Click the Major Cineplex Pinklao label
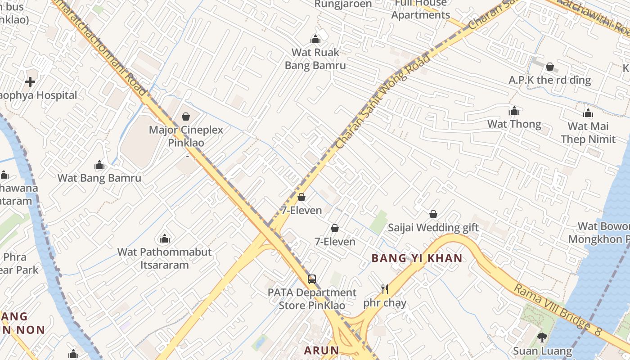point(186,136)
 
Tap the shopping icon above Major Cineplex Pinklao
point(186,117)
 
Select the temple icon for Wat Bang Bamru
point(99,165)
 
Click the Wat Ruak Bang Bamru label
point(315,59)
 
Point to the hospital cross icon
point(30,82)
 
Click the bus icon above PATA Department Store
point(312,279)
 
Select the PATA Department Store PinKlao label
point(312,299)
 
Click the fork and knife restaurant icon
point(384,289)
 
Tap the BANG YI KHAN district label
point(417,258)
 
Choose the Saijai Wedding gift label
point(433,228)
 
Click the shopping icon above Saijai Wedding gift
point(433,214)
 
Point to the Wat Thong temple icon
point(514,111)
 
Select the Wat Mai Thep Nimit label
point(588,133)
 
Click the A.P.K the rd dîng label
point(549,80)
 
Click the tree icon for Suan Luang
point(542,337)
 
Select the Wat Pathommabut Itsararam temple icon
point(165,238)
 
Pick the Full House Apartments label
point(420,9)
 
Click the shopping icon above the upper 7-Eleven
point(301,197)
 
